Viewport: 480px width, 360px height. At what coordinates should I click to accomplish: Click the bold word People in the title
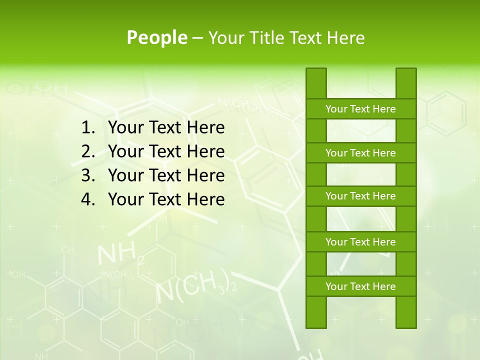click(x=157, y=37)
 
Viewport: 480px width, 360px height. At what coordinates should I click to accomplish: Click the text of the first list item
click(x=166, y=128)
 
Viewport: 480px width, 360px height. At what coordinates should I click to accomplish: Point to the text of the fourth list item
click(x=166, y=199)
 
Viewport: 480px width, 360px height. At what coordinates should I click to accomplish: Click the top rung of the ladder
click(x=360, y=109)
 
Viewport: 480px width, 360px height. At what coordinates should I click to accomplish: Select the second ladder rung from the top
click(x=360, y=153)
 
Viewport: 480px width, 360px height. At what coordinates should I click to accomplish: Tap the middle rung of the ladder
click(x=360, y=196)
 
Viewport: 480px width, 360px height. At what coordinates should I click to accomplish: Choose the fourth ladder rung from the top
click(x=360, y=242)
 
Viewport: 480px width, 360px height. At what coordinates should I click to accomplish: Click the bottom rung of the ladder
click(x=360, y=286)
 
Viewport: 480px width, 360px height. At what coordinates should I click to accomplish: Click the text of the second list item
click(x=166, y=151)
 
